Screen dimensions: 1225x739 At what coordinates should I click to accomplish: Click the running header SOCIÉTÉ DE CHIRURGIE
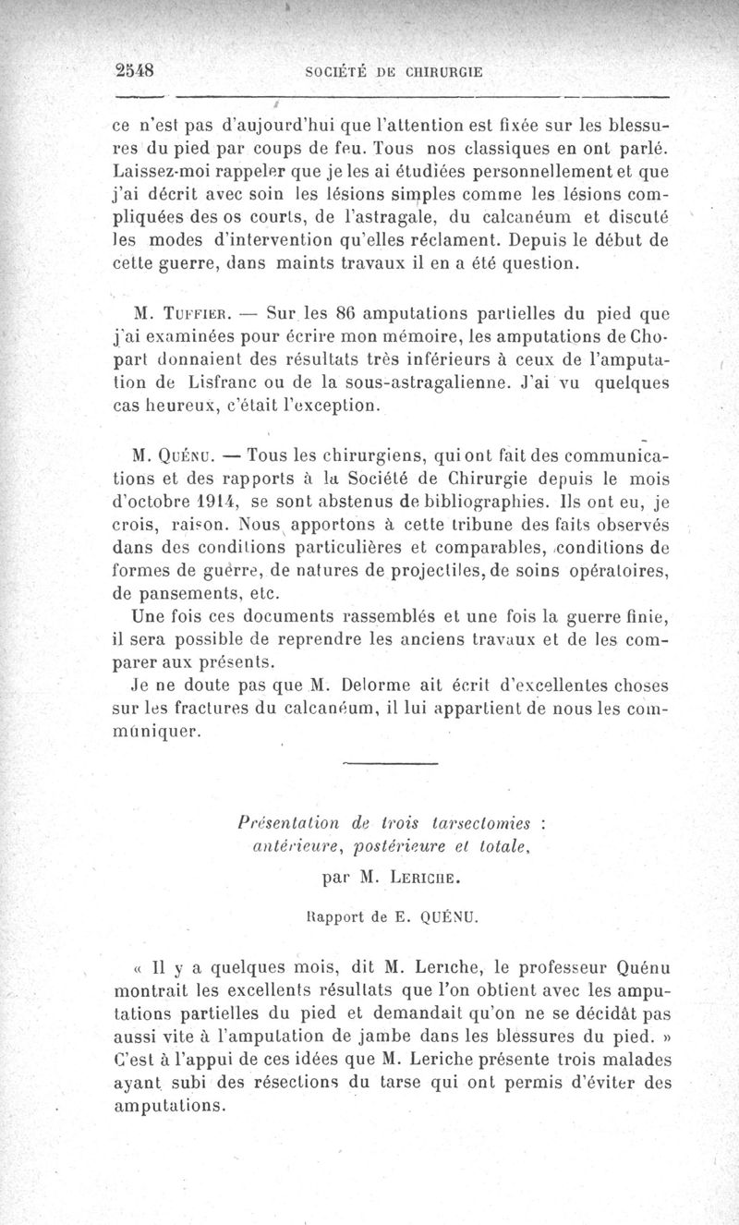coord(396,71)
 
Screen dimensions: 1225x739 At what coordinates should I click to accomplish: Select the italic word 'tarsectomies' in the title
coord(493,821)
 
